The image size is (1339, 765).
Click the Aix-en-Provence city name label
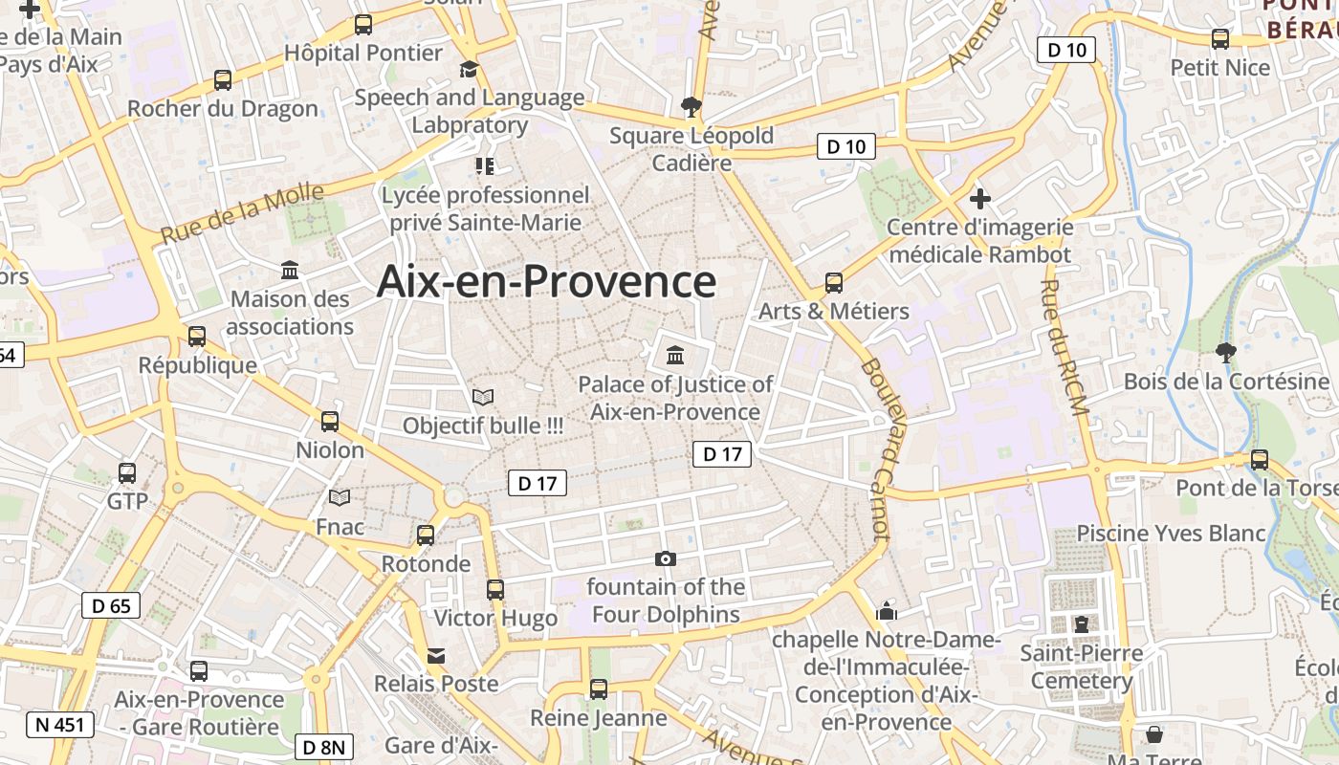(x=546, y=282)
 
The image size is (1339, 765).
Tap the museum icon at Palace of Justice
(x=675, y=356)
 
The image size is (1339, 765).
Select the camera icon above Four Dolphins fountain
(x=665, y=558)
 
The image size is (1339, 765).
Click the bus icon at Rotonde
(x=426, y=535)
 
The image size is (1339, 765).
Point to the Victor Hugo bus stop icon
(x=494, y=590)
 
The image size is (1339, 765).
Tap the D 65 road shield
(x=111, y=605)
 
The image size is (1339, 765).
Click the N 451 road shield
(x=60, y=724)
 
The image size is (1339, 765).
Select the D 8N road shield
(x=324, y=747)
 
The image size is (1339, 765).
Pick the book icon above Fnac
(x=340, y=497)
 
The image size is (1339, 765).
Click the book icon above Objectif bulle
(x=483, y=396)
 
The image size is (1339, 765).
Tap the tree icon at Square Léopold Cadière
(x=690, y=106)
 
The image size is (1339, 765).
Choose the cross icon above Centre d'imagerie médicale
(x=979, y=199)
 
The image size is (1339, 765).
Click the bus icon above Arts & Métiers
(x=833, y=283)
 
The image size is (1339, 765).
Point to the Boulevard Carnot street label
(x=876, y=448)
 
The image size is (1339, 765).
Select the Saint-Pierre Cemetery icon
(x=1081, y=624)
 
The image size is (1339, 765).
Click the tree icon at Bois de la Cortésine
(x=1225, y=352)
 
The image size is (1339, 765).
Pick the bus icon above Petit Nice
(x=1220, y=39)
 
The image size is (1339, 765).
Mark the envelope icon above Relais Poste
(x=436, y=656)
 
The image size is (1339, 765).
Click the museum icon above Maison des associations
(x=290, y=271)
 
